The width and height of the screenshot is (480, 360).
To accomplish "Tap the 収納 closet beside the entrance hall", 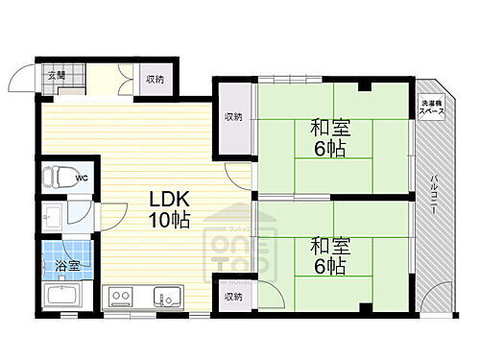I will click(x=155, y=80).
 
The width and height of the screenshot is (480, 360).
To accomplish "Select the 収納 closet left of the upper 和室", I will click(x=233, y=117).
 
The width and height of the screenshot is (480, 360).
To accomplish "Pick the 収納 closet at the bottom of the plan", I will click(x=233, y=297).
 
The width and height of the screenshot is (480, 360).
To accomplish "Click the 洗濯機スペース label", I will click(x=431, y=108).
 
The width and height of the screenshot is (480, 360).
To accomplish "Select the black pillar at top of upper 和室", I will click(x=364, y=88).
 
